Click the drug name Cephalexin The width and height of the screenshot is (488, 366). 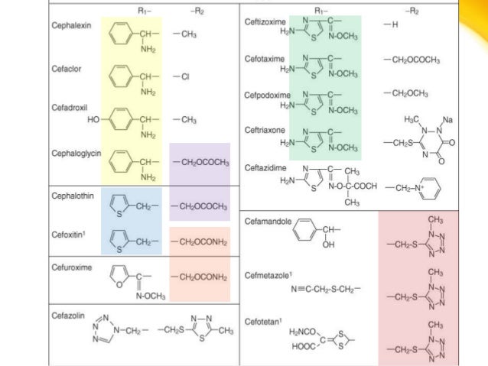click(x=71, y=25)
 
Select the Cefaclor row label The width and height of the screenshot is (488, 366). click(x=67, y=68)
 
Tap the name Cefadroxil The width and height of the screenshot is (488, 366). click(x=70, y=109)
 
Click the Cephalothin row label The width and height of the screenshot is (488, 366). click(x=73, y=196)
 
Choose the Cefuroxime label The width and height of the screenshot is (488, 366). click(x=71, y=268)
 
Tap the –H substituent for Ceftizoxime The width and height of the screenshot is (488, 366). click(x=391, y=26)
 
